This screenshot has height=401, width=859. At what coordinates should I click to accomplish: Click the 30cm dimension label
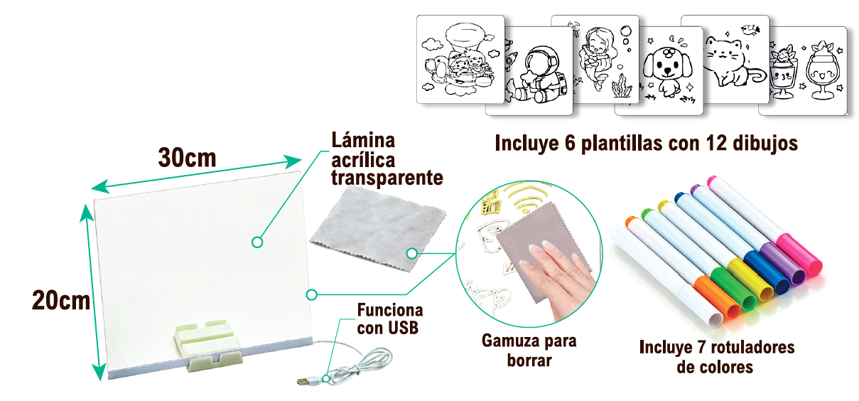point(187,156)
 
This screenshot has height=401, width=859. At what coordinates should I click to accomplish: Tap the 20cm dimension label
point(61,300)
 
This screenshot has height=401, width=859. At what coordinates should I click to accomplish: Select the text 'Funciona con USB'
point(389,319)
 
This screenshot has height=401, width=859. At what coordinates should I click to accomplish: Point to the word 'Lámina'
point(363,140)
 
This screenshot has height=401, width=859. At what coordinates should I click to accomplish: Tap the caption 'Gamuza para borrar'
point(529,351)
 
